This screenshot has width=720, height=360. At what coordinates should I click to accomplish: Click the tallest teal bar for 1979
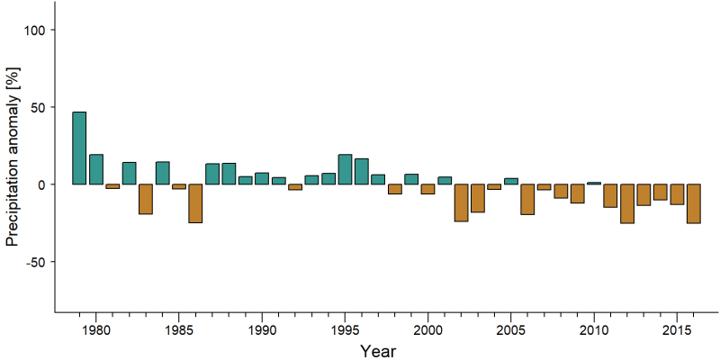point(79,148)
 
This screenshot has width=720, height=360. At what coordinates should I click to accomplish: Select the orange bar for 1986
point(195,203)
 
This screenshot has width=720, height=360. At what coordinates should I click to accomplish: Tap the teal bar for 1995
point(345,169)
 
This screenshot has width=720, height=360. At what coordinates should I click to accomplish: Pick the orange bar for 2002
point(461,202)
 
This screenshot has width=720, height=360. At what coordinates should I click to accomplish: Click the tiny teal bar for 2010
point(594,184)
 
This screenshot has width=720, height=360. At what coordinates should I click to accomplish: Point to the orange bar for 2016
point(693,203)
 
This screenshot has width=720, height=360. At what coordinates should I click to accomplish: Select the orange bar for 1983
point(146,199)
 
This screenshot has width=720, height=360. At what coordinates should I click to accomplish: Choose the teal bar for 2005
point(511,182)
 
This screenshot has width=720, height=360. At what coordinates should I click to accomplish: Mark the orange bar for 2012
point(627,203)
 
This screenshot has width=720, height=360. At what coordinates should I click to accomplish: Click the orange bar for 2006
point(527,199)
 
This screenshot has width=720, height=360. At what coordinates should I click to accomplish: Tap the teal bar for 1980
point(96,169)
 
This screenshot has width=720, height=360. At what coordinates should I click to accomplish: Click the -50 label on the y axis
point(34,262)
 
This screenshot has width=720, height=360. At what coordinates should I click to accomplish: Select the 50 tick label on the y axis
point(37,107)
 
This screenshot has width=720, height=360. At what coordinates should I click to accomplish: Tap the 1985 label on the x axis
point(178,330)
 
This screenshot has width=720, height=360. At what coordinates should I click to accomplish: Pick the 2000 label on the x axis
point(427,330)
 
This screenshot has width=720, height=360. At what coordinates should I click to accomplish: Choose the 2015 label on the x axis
point(677,330)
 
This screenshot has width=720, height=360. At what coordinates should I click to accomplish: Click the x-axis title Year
point(377,351)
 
